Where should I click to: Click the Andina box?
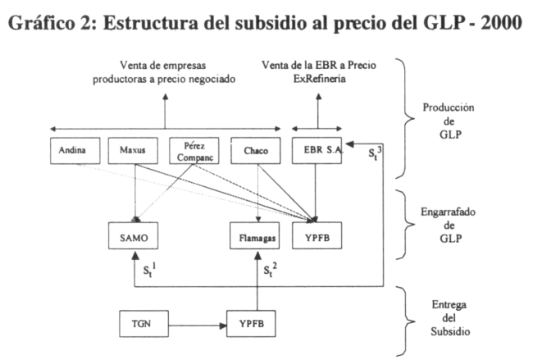(75, 151)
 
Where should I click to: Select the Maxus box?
(133, 151)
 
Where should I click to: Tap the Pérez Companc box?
(194, 151)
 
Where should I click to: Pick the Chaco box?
(256, 151)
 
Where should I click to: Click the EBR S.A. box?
(317, 151)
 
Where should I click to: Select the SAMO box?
(133, 235)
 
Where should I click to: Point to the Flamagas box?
(254, 235)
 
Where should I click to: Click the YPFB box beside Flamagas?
(317, 235)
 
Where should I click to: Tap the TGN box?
(143, 324)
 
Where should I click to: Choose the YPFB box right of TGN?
(251, 324)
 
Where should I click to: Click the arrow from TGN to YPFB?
(198, 326)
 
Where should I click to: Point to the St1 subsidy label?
(149, 271)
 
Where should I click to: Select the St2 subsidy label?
(271, 271)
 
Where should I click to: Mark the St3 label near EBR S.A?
(375, 153)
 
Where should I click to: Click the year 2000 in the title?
(501, 22)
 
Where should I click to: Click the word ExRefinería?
(320, 79)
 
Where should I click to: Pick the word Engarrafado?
(448, 212)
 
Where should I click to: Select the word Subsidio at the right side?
(450, 331)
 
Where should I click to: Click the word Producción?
(449, 107)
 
